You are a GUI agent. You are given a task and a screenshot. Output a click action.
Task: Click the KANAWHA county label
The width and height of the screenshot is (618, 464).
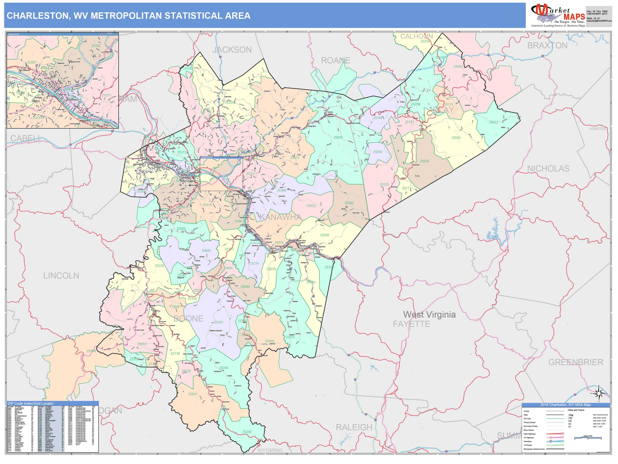[x=280, y=217]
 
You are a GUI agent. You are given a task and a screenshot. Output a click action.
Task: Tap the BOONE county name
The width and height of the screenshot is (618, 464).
[x=188, y=319]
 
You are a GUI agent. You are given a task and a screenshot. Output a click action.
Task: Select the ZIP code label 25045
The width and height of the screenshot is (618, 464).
[x=338, y=137]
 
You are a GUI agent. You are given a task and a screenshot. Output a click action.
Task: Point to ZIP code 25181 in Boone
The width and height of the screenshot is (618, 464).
[x=219, y=322]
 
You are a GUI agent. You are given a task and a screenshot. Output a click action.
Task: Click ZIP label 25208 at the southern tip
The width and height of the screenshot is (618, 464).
[x=247, y=432]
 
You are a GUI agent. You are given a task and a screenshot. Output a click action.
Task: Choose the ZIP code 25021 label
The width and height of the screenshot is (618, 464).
[x=193, y=394]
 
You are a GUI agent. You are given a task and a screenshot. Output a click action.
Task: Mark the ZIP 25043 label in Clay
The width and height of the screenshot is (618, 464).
[x=456, y=138]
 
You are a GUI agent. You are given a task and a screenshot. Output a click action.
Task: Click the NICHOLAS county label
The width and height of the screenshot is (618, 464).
[x=548, y=169]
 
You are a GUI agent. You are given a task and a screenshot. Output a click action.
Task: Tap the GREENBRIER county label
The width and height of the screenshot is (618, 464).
[x=576, y=362]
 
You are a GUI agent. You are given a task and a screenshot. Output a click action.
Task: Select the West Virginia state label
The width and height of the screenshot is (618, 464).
[x=429, y=315]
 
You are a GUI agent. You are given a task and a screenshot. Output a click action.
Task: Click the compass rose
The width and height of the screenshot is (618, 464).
[x=599, y=393]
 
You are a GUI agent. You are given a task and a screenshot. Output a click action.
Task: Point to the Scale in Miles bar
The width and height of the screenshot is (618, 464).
[x=588, y=438]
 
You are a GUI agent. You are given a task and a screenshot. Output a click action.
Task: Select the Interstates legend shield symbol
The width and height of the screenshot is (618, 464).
[x=551, y=441]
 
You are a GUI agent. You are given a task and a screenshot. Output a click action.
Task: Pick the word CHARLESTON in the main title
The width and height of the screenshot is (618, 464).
[x=38, y=16]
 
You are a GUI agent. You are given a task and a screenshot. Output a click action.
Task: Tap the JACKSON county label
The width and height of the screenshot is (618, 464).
[x=232, y=50]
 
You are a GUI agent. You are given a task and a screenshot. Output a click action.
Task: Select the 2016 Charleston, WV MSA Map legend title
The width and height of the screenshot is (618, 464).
[x=565, y=405]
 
